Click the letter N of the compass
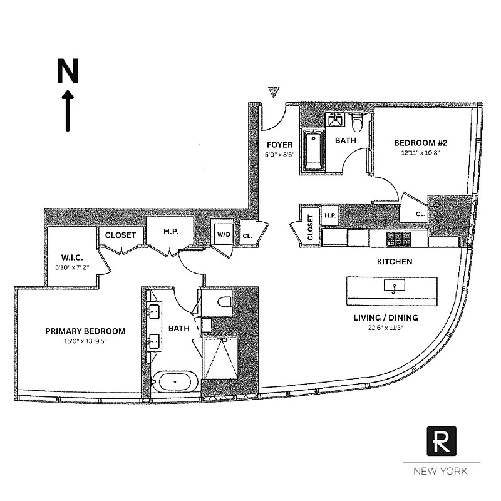point(68,71)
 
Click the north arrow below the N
point(68,110)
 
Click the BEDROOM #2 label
point(421,142)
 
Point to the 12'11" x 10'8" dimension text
point(421,152)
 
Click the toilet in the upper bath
point(358,120)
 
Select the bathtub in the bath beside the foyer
point(313,150)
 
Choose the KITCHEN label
point(394,261)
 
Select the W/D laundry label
point(223,234)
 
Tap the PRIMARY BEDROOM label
point(85,331)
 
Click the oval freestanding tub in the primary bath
point(176,382)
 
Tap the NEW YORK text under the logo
point(442,471)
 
